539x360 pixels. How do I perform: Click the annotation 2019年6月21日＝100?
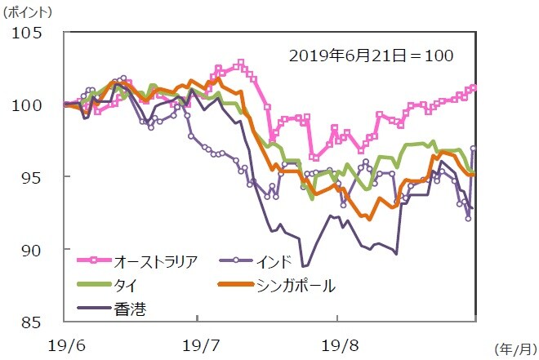click(x=371, y=56)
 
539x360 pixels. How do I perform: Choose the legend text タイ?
click(x=125, y=285)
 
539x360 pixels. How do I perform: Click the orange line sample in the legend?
click(x=238, y=285)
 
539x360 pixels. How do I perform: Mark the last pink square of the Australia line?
click(x=474, y=87)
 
